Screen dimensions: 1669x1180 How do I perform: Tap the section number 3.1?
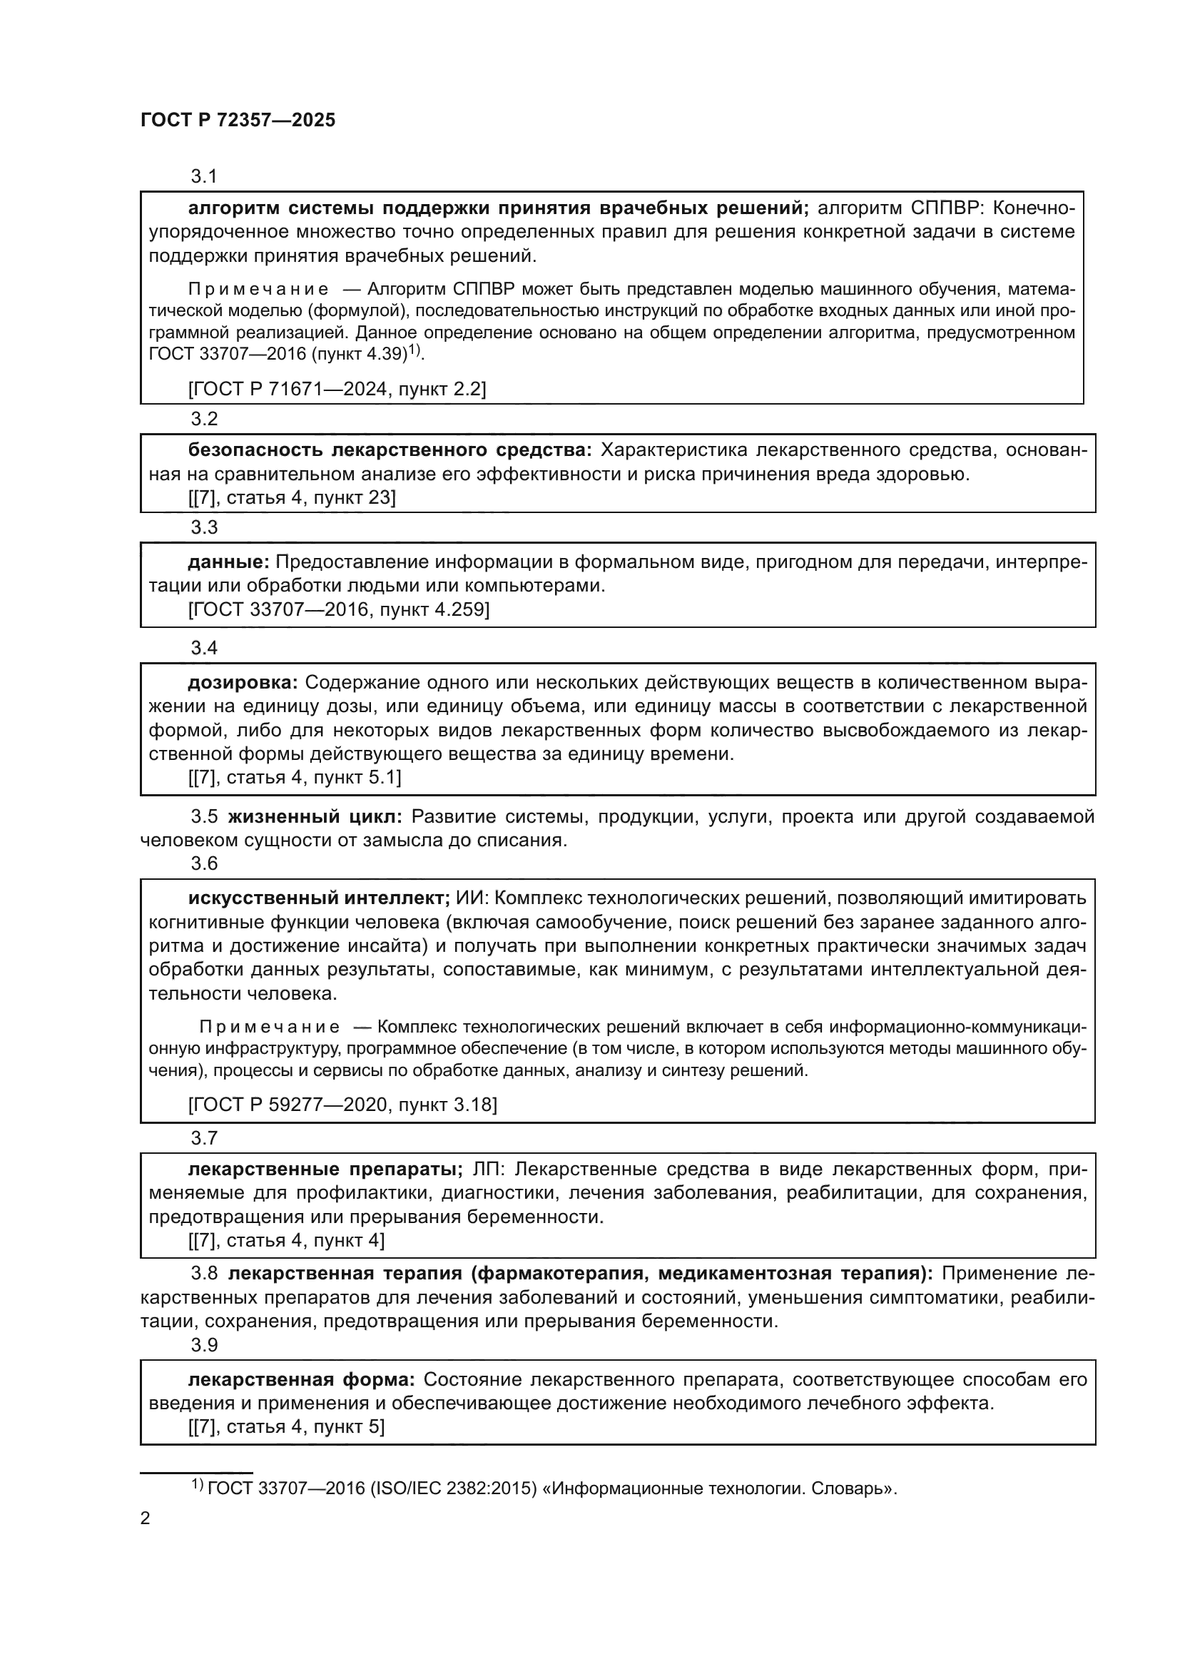pyautogui.click(x=204, y=176)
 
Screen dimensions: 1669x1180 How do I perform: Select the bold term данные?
pyautogui.click(x=229, y=562)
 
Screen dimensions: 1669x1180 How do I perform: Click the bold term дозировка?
pyautogui.click(x=243, y=683)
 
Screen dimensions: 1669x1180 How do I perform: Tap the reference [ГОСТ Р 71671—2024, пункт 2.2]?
pyautogui.click(x=337, y=389)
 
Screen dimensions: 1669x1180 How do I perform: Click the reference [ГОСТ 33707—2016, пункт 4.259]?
pyautogui.click(x=338, y=609)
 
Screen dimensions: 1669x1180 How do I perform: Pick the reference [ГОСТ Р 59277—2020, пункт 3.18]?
pyautogui.click(x=342, y=1105)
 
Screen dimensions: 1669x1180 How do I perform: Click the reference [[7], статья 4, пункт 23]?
pyautogui.click(x=292, y=497)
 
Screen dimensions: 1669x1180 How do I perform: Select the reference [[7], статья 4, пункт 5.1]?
pyautogui.click(x=294, y=777)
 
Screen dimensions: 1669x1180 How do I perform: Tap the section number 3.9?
pyautogui.click(x=204, y=1346)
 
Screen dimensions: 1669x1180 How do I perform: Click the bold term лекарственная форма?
pyautogui.click(x=302, y=1380)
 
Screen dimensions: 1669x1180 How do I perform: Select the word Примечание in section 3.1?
pyautogui.click(x=258, y=289)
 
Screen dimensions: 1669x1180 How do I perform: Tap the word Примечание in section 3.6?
pyautogui.click(x=270, y=1027)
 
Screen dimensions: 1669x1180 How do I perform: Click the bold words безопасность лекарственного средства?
pyautogui.click(x=390, y=450)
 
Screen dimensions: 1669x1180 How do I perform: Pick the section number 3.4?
pyautogui.click(x=204, y=648)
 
